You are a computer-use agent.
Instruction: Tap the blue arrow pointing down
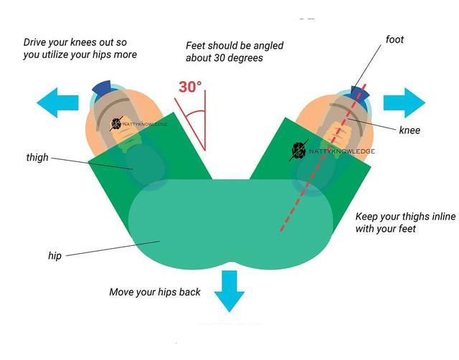click(x=229, y=290)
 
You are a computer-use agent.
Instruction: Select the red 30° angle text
click(x=190, y=87)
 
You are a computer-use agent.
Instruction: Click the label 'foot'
click(x=394, y=39)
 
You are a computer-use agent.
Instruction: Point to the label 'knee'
click(x=410, y=130)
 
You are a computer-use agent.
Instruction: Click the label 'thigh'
click(x=37, y=157)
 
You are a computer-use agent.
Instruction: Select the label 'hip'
click(x=55, y=255)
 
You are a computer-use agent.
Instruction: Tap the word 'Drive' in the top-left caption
click(x=36, y=42)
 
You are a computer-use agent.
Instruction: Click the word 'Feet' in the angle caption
click(x=197, y=46)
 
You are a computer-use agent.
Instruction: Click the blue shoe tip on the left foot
click(x=102, y=87)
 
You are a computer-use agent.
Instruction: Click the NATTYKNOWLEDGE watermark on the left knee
click(x=140, y=124)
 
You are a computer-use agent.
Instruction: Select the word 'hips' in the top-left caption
click(x=105, y=55)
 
